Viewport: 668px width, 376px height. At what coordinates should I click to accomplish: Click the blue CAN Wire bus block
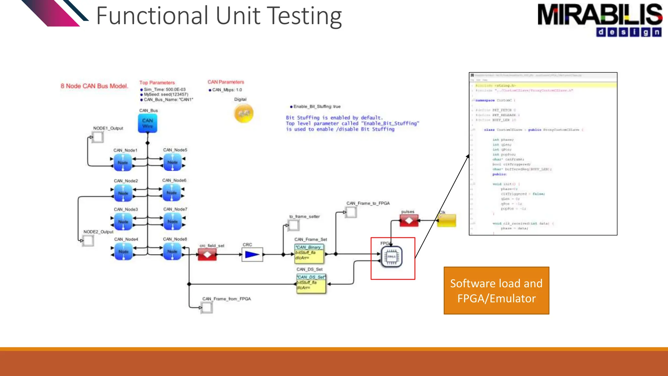147,123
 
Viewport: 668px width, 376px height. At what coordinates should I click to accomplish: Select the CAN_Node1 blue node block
123,163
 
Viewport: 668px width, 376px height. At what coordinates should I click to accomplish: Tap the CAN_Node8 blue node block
172,252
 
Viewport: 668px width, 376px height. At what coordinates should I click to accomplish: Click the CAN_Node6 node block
172,193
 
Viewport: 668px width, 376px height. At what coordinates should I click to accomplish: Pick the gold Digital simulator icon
244,113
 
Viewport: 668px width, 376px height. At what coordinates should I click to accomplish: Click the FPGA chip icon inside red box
391,257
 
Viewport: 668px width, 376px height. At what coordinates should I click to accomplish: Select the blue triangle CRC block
252,255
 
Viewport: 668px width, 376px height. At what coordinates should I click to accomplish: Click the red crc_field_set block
207,255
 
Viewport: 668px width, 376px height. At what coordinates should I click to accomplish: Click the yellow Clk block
446,221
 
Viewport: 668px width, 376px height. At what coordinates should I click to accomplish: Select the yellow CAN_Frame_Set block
309,254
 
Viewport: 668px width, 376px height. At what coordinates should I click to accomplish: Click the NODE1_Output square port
98,137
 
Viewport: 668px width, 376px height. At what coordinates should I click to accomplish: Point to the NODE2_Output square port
88,241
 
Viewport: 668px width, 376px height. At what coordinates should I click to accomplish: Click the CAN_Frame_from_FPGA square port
206,307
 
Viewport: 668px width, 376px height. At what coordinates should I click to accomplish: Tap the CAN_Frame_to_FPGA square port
351,212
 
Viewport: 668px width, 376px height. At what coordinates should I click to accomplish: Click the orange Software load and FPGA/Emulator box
496,291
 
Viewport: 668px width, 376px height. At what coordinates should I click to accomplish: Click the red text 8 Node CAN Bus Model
94,86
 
